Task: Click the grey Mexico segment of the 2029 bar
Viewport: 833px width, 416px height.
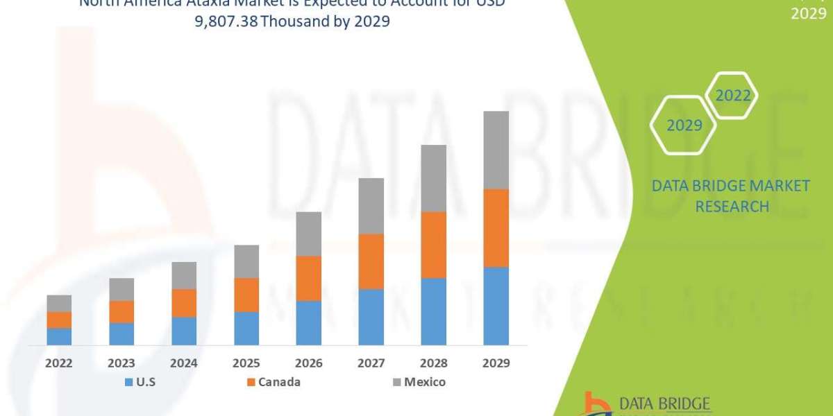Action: [x=496, y=150]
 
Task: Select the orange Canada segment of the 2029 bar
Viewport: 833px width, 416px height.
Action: [x=496, y=228]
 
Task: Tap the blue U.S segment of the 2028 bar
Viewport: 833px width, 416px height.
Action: [x=433, y=311]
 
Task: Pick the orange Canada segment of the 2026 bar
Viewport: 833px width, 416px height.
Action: [x=308, y=278]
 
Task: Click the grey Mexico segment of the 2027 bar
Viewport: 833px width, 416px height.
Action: [x=371, y=206]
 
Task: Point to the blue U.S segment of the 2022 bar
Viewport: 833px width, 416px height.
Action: [x=59, y=336]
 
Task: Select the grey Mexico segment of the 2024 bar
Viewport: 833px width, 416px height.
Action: [x=184, y=275]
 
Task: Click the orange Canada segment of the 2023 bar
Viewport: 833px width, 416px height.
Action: [x=121, y=311]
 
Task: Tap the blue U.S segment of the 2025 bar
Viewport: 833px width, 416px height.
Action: [x=246, y=328]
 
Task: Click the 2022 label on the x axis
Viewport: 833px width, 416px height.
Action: [x=59, y=363]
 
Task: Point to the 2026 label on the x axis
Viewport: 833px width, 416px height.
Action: [x=308, y=363]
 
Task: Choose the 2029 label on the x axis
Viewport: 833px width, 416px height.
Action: [x=496, y=363]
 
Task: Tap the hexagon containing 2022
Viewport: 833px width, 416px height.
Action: [x=733, y=96]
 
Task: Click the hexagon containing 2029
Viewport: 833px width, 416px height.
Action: [x=683, y=125]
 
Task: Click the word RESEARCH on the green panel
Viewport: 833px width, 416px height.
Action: [x=732, y=206]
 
